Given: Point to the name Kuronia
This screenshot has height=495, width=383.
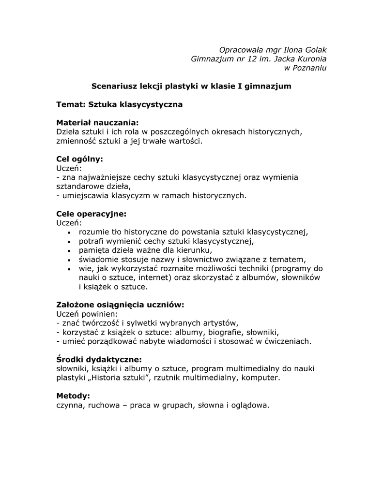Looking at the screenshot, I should click(311, 59).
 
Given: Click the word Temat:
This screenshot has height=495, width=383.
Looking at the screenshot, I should click(71, 104).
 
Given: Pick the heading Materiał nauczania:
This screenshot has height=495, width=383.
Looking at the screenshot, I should click(97, 123).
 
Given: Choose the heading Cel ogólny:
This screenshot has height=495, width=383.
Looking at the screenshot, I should click(80, 159).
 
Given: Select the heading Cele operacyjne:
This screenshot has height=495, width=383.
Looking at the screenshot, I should click(91, 214).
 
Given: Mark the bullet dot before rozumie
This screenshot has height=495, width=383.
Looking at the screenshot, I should click(70, 233).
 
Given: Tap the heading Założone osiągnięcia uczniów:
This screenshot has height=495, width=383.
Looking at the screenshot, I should click(121, 305).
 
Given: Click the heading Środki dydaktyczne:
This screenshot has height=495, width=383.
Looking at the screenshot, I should click(99, 360).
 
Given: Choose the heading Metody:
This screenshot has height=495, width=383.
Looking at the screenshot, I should click(73, 396).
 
